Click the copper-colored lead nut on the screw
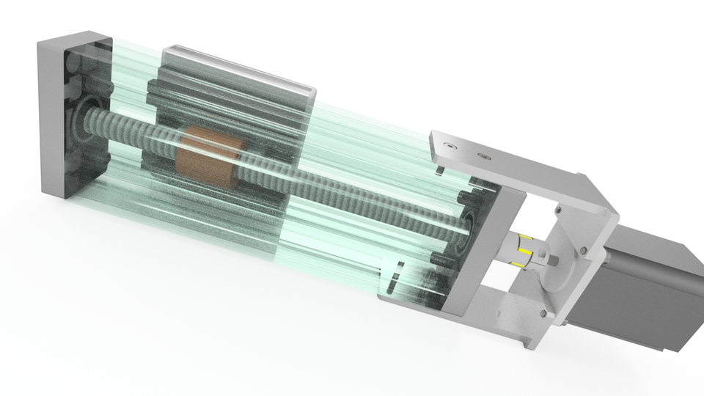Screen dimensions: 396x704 tap(209, 155)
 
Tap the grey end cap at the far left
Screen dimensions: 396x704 tap(55, 110)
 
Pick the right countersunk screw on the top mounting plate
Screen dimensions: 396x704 tap(483, 156)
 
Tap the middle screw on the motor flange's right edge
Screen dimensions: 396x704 tap(584, 252)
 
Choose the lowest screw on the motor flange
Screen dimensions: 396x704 tap(544, 314)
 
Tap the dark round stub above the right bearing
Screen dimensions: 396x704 tap(466, 197)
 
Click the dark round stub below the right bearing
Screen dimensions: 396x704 tap(440, 257)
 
